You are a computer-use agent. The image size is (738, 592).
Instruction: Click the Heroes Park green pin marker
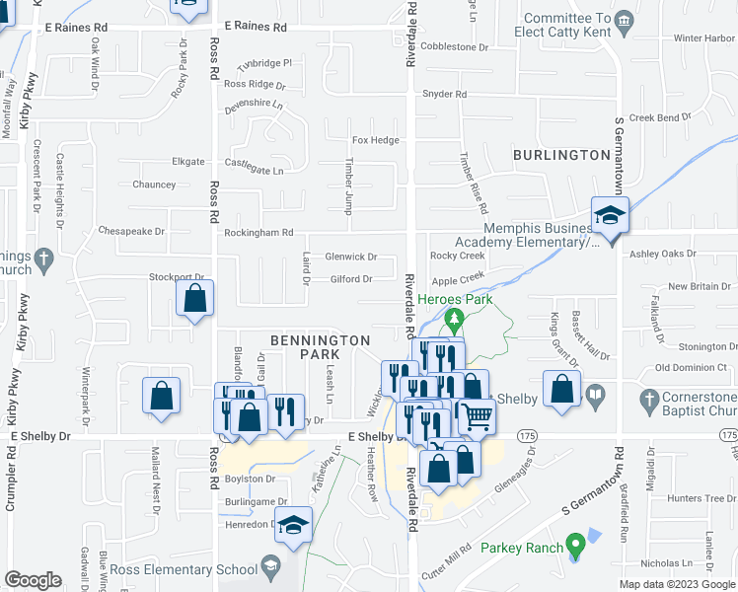pos(455,320)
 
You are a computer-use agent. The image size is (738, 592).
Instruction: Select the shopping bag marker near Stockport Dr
pos(195,298)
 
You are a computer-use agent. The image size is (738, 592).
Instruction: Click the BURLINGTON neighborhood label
pos(561,155)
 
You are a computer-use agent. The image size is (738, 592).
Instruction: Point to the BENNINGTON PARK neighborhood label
pos(320,346)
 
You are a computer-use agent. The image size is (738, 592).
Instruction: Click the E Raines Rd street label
pos(255,27)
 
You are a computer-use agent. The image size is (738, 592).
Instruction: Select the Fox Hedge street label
pos(376,140)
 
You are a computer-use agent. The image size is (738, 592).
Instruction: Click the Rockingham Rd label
pos(259,233)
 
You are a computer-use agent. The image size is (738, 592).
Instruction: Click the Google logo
pos(33,579)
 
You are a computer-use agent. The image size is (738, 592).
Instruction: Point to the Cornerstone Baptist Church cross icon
pos(648,400)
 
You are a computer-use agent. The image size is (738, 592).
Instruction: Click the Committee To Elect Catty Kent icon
pos(623,21)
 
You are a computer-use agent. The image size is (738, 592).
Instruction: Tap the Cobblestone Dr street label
pos(455,46)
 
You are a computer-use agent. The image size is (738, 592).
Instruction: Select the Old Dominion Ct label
pos(692,367)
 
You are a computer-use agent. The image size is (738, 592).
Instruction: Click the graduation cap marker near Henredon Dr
pos(293,527)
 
